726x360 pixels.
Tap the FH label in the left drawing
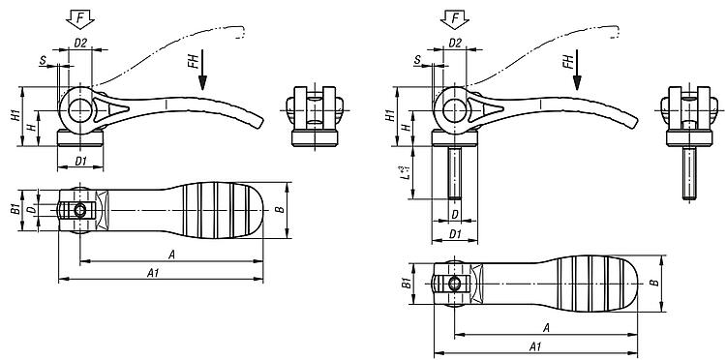click(x=194, y=61)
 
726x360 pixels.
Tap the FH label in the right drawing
click(x=568, y=61)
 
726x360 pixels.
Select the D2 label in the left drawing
click(x=80, y=43)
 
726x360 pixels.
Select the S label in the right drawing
click(x=417, y=60)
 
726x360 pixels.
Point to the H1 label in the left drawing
click(x=15, y=116)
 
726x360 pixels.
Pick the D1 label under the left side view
click(x=81, y=161)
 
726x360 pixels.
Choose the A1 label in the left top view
click(x=153, y=274)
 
